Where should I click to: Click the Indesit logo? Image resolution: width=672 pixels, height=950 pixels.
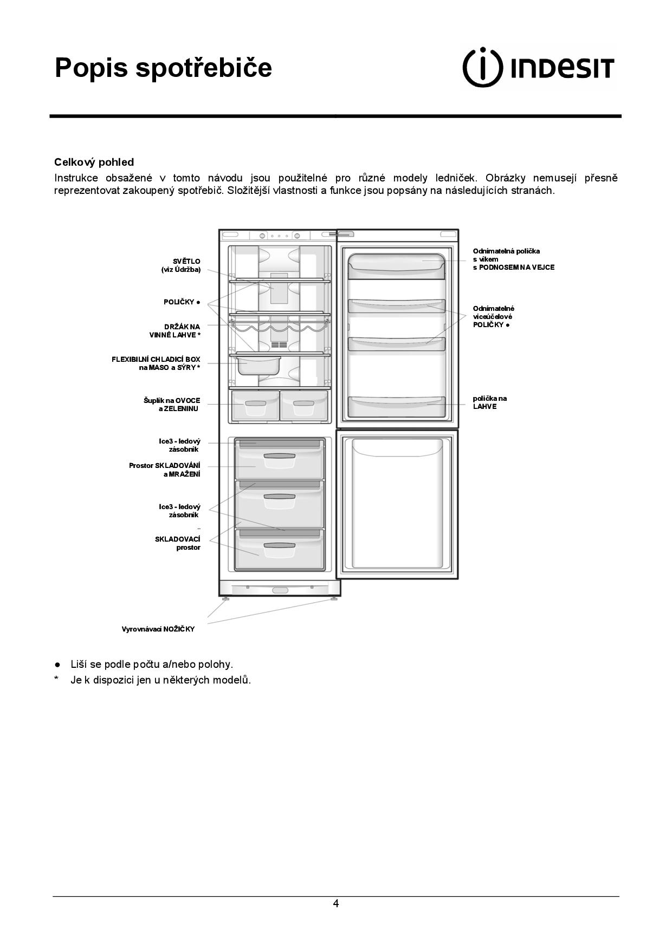[538, 67]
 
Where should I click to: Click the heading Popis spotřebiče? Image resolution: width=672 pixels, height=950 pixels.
[163, 68]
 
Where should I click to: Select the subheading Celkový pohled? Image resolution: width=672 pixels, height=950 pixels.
[94, 162]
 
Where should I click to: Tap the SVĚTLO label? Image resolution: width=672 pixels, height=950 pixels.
[181, 265]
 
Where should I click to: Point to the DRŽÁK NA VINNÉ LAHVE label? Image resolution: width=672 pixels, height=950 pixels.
[175, 331]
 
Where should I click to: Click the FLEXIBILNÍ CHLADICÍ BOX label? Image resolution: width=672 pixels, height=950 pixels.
[156, 363]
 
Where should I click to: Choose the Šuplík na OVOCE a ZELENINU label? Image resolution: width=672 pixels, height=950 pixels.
[172, 405]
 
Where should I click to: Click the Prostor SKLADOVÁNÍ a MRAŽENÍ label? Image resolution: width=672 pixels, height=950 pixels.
[165, 470]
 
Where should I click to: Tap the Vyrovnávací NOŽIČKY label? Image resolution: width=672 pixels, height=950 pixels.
[158, 629]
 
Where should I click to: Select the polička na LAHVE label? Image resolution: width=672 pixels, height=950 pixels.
[489, 402]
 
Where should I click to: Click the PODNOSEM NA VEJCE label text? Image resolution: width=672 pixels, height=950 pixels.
[513, 268]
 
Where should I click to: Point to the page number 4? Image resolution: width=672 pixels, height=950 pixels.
[336, 903]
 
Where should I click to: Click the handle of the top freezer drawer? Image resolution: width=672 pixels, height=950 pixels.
[280, 456]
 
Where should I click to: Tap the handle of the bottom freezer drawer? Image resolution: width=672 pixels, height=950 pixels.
[280, 546]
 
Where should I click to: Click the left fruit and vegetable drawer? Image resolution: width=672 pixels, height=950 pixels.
[255, 406]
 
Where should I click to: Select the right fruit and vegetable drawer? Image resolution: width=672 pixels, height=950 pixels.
[303, 406]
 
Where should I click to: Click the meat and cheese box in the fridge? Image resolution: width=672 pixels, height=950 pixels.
[257, 365]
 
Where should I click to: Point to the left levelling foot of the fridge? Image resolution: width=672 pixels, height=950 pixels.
[225, 599]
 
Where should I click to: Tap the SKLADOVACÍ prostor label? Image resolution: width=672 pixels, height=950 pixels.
[178, 543]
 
